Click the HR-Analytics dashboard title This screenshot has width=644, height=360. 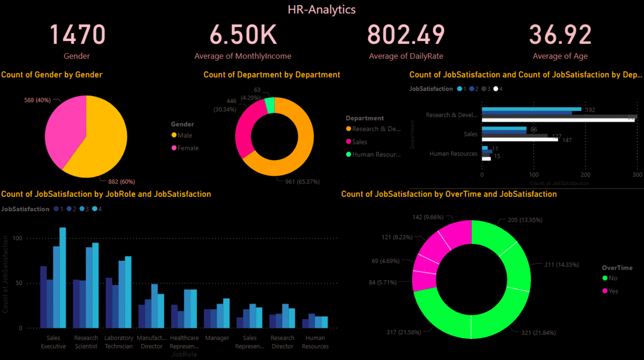[321, 9]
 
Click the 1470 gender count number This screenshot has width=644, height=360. [77, 35]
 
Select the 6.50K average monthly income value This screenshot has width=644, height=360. [243, 35]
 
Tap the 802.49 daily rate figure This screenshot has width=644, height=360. [406, 35]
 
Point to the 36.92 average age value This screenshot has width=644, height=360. [560, 35]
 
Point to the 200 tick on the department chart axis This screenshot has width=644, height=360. [586, 174]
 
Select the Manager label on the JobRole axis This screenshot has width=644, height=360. [217, 338]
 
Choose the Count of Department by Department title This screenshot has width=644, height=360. [272, 75]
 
